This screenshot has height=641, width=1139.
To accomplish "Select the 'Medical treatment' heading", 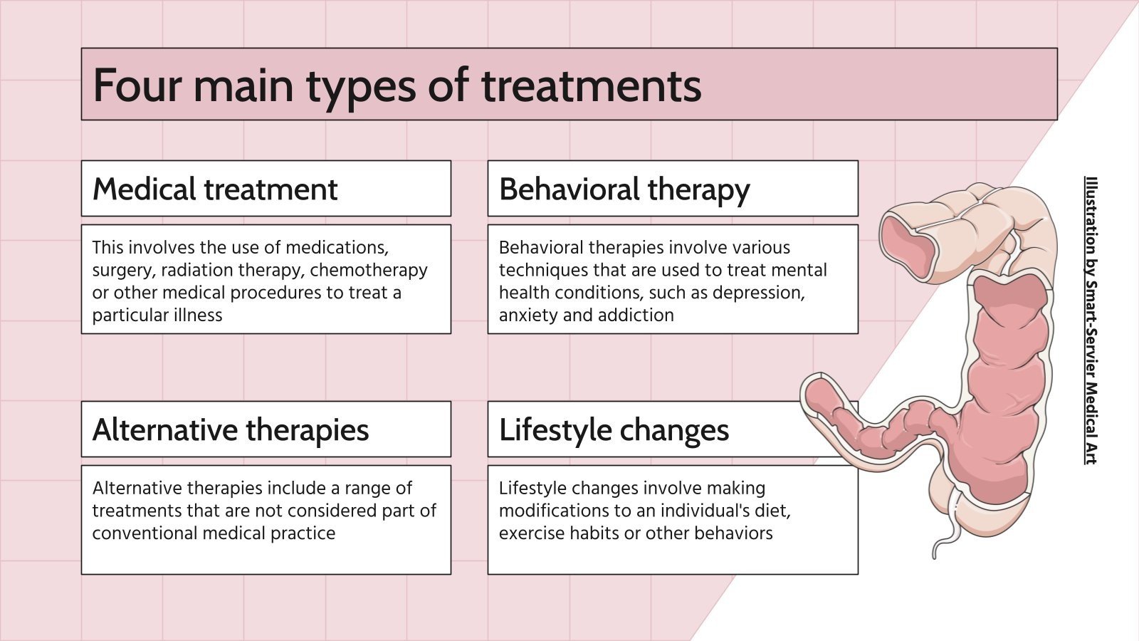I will tap(215, 189).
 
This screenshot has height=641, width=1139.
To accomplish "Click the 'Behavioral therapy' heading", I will tap(624, 189).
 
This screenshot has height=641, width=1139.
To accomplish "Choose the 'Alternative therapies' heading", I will tap(231, 430).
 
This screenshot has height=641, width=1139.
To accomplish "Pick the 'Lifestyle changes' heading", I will tap(614, 430).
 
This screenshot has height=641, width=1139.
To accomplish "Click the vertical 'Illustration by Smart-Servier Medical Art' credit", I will tap(1090, 320).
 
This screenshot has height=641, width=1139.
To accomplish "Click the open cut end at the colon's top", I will tap(908, 242).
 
